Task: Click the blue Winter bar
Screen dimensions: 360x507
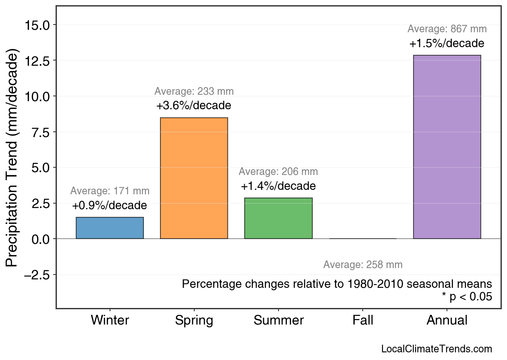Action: click(x=110, y=228)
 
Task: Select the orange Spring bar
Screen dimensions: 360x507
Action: click(x=194, y=178)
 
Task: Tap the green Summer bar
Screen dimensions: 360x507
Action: click(x=278, y=218)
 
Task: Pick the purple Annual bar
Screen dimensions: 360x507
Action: click(x=447, y=147)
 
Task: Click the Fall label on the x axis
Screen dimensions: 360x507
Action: click(x=363, y=320)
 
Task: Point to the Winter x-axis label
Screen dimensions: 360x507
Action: click(x=110, y=320)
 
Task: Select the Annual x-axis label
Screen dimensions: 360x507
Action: click(x=447, y=320)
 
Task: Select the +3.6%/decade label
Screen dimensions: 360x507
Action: click(x=194, y=106)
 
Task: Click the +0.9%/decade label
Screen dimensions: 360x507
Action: click(x=110, y=206)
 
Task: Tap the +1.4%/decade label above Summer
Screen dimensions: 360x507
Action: click(x=278, y=186)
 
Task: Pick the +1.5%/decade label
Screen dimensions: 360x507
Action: click(x=447, y=44)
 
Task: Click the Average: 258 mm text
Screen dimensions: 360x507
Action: click(x=363, y=265)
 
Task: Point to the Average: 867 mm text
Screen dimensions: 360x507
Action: click(x=447, y=29)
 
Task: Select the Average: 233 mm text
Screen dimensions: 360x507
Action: click(x=194, y=92)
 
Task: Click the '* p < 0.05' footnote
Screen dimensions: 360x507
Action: click(x=467, y=297)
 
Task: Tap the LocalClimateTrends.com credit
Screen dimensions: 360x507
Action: click(x=436, y=349)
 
